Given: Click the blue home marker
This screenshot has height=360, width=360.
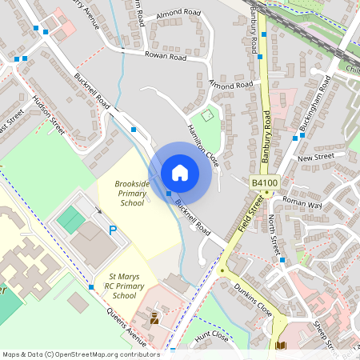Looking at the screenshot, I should click(179, 173).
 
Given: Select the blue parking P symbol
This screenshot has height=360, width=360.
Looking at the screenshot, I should click(113, 230).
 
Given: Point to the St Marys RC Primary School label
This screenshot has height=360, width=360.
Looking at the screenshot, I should click(113, 286).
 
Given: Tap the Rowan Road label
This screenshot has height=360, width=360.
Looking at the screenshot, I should click(166, 57).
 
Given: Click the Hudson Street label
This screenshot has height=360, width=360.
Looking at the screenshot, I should click(48, 112).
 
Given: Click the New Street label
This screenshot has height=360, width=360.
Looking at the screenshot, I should click(314, 158).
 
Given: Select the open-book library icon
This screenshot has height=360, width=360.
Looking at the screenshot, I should click(281, 346).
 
